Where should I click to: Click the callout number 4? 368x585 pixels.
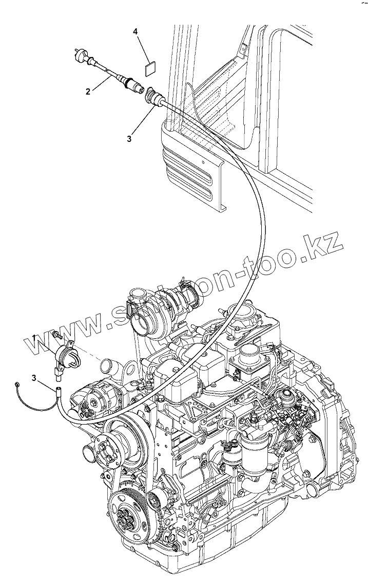(135, 32)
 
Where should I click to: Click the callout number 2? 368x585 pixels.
(88, 92)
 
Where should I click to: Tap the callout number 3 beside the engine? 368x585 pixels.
(34, 378)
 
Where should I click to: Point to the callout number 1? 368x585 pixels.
(34, 337)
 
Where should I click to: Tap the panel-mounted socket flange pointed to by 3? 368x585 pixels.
(153, 96)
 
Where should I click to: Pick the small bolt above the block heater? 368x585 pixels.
(56, 335)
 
